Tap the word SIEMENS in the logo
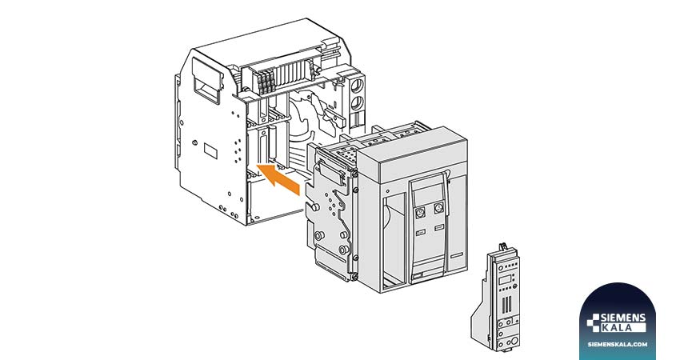tap(622, 318)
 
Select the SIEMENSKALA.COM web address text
tap(618, 344)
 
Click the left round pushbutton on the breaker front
tap(420, 213)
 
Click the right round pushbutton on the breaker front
tap(439, 208)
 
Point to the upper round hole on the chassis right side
tap(357, 85)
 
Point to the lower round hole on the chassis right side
tap(357, 104)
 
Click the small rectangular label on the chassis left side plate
tap(210, 151)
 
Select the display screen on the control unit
tap(505, 280)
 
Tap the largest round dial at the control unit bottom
tap(514, 342)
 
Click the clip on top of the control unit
tap(503, 246)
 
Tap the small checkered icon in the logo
tap(593, 323)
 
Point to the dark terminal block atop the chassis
tap(266, 82)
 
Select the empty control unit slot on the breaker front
tap(394, 241)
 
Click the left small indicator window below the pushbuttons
tap(421, 233)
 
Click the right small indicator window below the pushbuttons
tap(439, 228)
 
